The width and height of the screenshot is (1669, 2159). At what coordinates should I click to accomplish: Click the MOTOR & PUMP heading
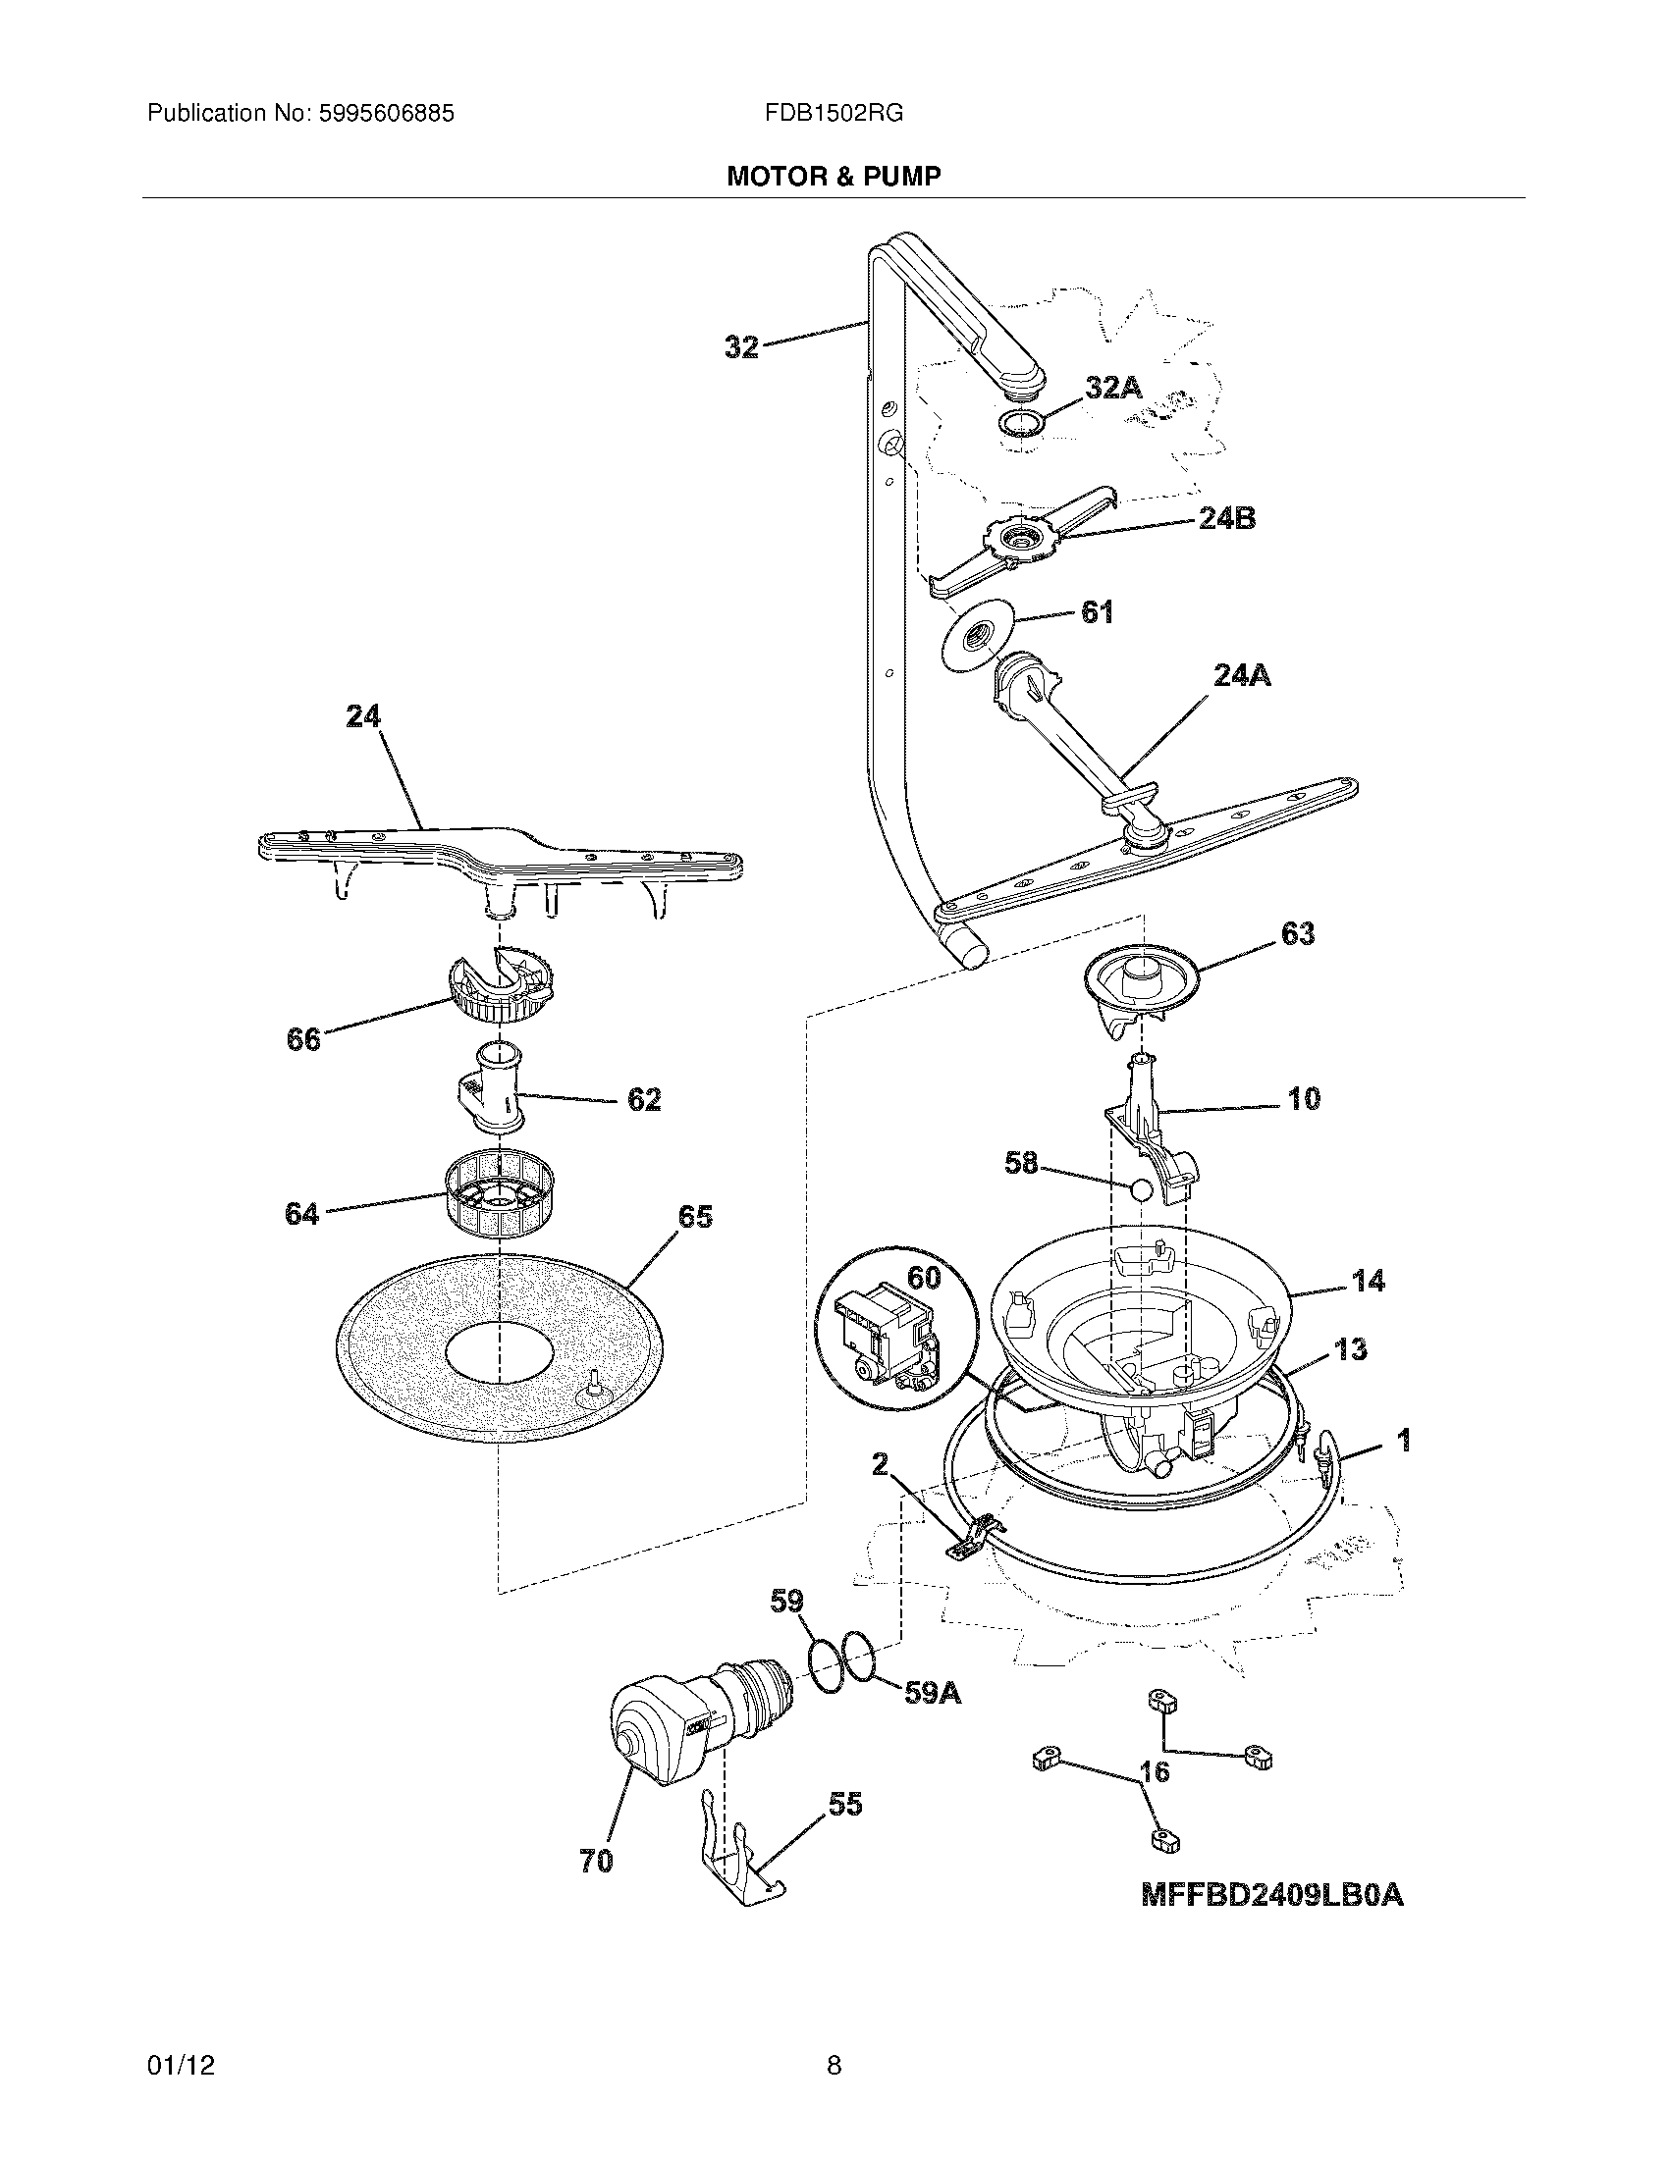(834, 176)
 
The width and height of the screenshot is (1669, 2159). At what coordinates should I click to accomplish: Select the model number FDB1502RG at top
(834, 114)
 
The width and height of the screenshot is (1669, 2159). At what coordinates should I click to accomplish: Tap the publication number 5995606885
(387, 114)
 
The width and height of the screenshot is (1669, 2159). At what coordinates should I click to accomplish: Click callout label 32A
(1113, 388)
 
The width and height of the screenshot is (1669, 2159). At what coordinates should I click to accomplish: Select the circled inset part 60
(887, 1332)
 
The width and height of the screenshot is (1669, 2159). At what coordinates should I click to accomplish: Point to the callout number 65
(694, 1217)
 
